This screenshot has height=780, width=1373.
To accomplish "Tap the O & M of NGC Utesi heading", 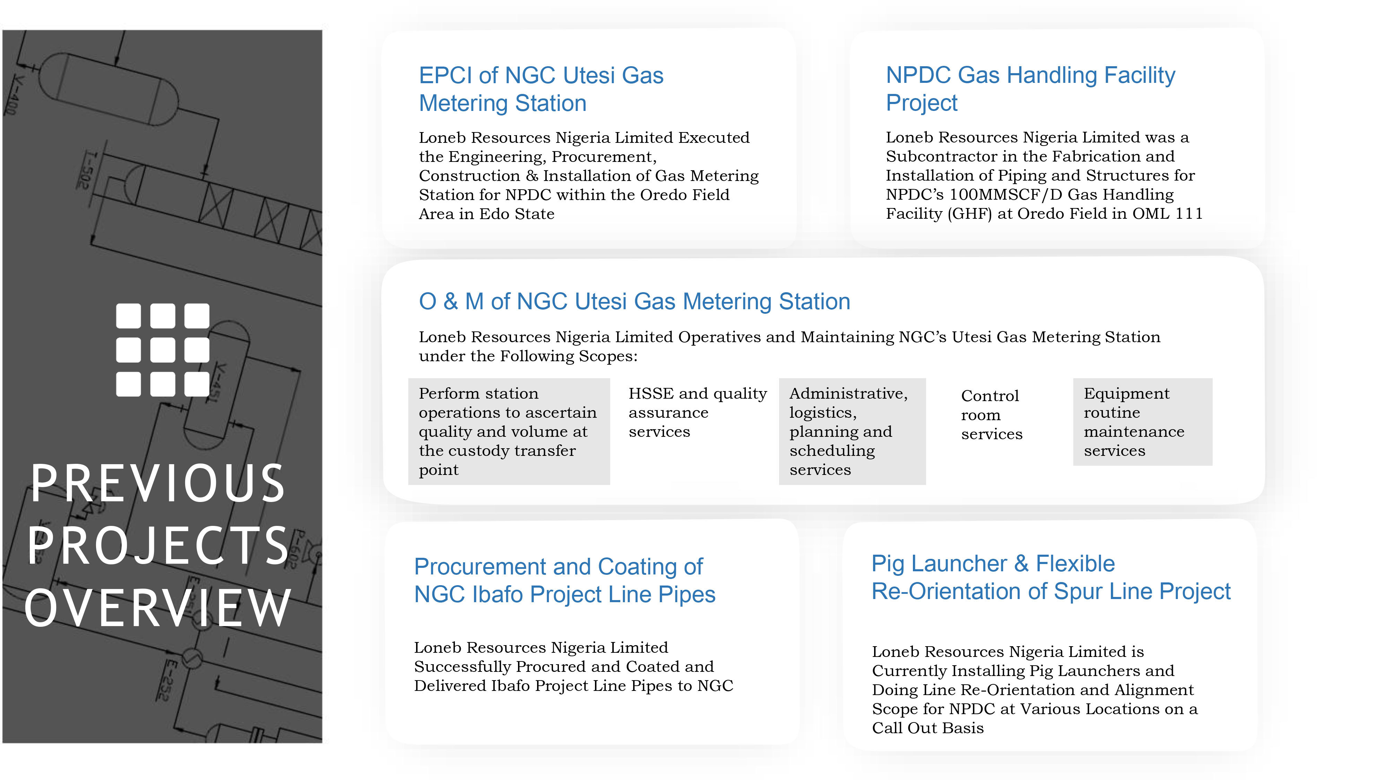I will pyautogui.click(x=634, y=302).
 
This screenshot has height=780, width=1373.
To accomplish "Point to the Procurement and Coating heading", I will pyautogui.click(x=564, y=580).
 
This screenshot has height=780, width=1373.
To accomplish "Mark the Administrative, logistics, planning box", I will pyautogui.click(x=852, y=431).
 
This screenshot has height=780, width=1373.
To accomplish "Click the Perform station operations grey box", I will pyautogui.click(x=508, y=431).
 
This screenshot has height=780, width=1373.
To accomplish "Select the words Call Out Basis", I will pyautogui.click(x=927, y=728).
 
